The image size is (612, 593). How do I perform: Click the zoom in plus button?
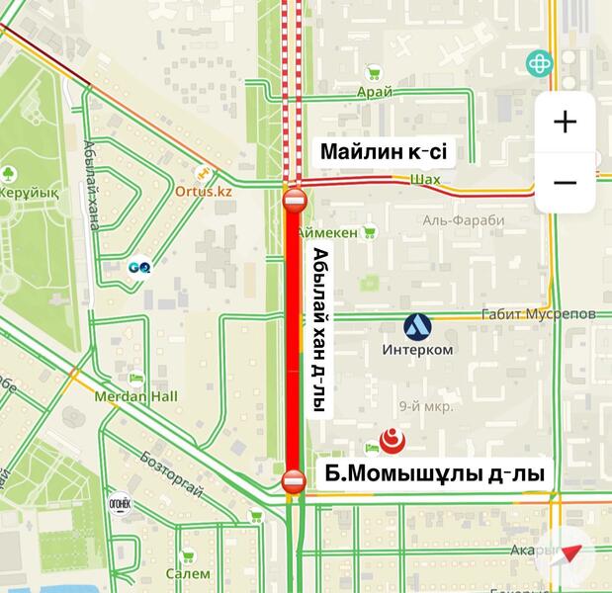[x=565, y=122]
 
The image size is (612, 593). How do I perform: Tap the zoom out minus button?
[x=565, y=183]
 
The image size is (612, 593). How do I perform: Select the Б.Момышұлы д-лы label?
[x=434, y=475]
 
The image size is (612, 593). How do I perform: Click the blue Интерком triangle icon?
[x=416, y=325]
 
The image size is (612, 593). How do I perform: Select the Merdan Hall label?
[x=135, y=396]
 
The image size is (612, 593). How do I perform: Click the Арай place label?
[x=375, y=92]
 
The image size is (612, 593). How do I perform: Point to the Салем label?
[x=188, y=573]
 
